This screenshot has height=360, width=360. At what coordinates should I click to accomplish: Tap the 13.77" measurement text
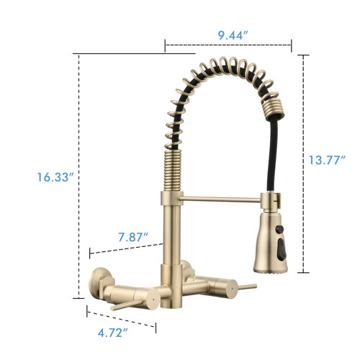tap(328, 160)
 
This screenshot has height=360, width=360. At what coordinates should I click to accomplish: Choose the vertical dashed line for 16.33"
tap(77, 176)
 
